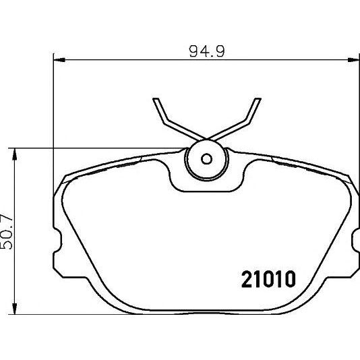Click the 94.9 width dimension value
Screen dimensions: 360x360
[207, 51]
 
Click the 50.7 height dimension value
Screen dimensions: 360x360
[7, 232]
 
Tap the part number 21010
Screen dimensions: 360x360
[268, 279]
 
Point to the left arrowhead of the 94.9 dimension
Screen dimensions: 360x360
[59, 60]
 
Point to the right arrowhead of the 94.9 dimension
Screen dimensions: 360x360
[353, 60]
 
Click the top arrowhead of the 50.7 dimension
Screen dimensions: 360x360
[14, 154]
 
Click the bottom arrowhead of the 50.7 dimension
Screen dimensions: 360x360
[14, 309]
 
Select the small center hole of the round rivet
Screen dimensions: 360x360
[206, 158]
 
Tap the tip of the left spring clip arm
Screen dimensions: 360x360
[156, 98]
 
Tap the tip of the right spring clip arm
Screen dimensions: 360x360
[258, 98]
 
